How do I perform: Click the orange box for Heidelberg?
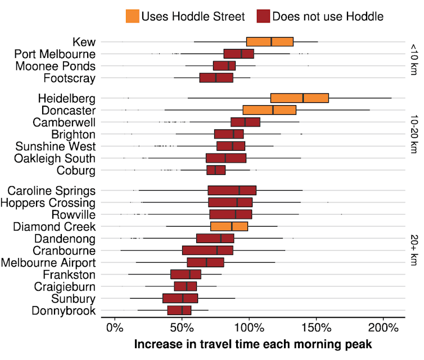point(299,98)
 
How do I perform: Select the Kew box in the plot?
point(270,42)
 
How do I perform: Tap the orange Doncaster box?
point(269,110)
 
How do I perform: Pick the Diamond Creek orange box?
point(229,227)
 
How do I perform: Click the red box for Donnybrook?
point(179,310)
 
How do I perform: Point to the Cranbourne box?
point(208,250)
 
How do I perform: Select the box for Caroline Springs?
point(232,190)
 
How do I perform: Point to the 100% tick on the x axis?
point(249,327)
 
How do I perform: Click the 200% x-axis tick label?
point(384,327)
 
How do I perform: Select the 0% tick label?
point(115,327)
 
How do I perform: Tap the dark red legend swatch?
point(262,16)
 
